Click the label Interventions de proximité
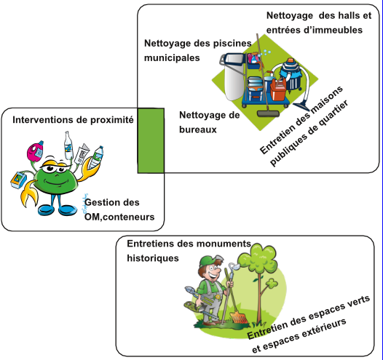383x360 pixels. (73, 120)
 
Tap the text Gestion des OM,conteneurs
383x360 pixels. (119, 209)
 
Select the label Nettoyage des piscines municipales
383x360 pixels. (198, 50)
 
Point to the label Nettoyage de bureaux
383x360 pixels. (210, 122)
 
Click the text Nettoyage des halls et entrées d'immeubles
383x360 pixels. (319, 23)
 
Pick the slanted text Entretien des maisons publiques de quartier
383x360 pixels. (304, 126)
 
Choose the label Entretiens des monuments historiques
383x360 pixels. (189, 251)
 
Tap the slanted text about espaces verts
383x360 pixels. (309, 324)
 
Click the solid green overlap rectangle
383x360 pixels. (151, 141)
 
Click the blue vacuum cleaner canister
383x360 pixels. (291, 74)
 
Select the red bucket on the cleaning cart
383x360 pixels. (278, 89)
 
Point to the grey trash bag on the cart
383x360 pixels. (234, 77)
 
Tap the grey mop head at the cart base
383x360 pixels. (268, 113)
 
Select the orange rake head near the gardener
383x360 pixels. (239, 317)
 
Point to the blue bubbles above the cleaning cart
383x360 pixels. (265, 52)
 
